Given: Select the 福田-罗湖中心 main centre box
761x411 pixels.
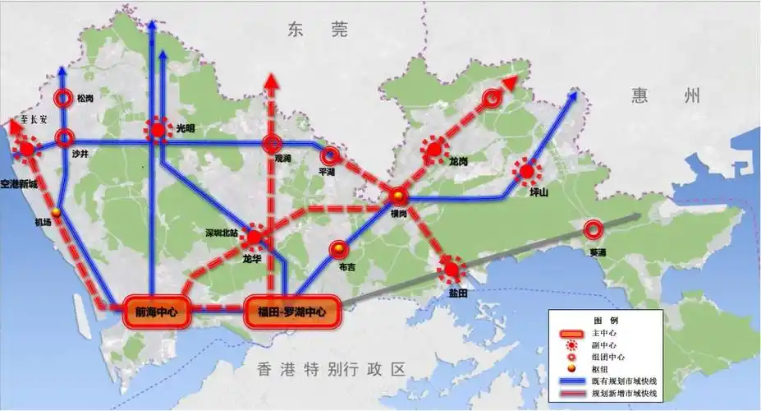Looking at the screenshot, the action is tap(291, 312).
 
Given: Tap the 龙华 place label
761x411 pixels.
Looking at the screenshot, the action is tap(251, 257).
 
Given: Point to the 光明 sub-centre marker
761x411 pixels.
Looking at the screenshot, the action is tap(157, 130).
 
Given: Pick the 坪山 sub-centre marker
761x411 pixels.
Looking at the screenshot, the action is tap(525, 172).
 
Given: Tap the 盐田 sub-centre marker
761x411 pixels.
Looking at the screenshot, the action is tap(450, 268).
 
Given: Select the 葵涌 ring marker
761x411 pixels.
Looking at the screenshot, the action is tap(592, 229).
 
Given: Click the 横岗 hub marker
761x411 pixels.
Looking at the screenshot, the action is tap(398, 196).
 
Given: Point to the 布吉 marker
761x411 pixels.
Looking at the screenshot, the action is tap(338, 249).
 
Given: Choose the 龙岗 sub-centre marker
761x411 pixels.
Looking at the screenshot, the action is tap(433, 149).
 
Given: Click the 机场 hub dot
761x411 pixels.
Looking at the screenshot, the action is tap(57, 213).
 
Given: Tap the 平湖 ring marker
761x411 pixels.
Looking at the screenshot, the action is tap(330, 154).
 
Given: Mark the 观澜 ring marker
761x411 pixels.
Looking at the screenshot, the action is tap(273, 145).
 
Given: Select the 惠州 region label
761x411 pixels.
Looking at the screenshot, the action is tap(666, 95).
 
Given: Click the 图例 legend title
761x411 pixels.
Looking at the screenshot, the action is tap(606, 319).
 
